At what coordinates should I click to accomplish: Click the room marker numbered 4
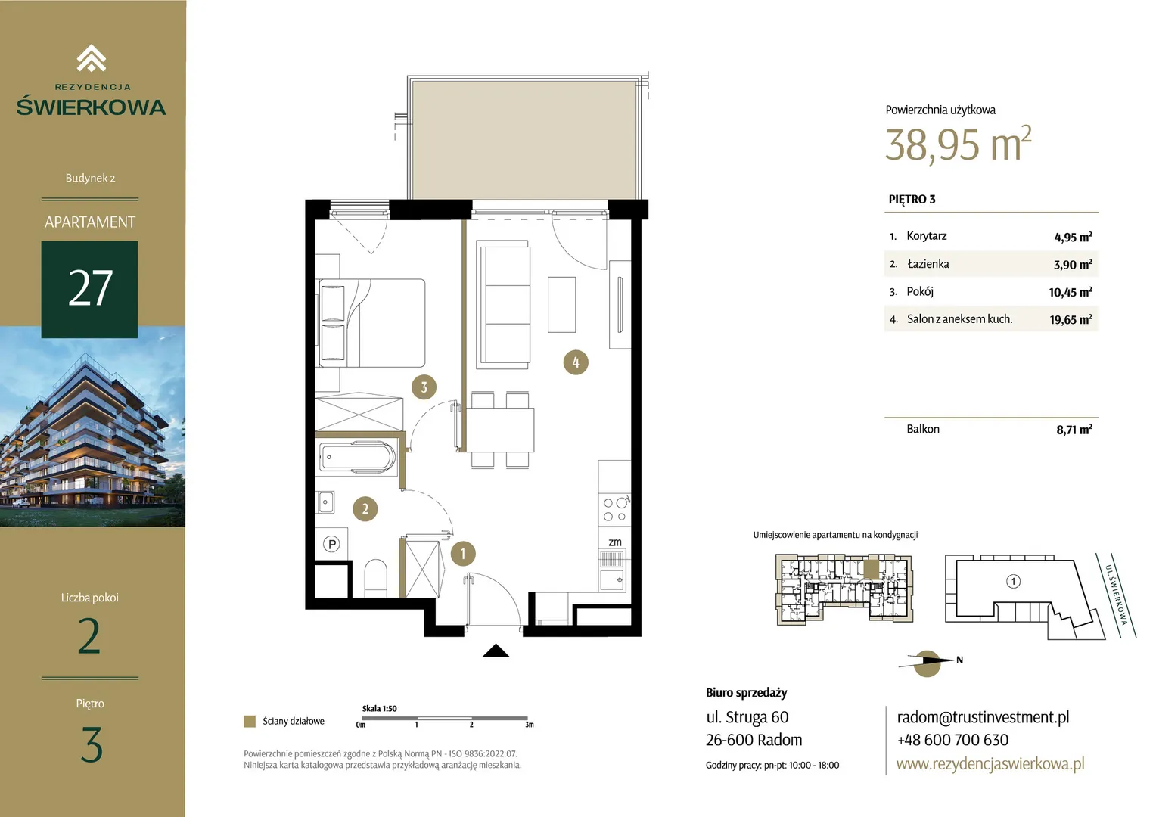point(576,362)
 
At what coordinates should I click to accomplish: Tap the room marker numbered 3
point(424,387)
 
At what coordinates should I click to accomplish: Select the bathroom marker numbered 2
point(365,509)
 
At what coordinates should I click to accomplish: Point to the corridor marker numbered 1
point(463,554)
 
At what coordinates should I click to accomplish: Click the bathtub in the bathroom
point(357,457)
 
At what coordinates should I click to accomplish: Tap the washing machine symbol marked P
point(331,544)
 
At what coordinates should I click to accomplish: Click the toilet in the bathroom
point(376,578)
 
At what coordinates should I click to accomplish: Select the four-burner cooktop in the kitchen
point(614,509)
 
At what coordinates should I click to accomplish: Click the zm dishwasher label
point(614,542)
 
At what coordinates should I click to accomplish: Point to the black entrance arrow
point(496,651)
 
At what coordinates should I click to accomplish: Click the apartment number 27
point(90,288)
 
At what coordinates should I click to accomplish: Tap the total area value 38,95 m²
point(959,144)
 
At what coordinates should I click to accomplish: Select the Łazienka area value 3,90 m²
point(1072,265)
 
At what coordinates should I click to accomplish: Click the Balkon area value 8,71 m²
point(1074,430)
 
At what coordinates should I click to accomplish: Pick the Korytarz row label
point(926,236)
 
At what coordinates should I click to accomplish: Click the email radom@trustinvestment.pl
point(983,717)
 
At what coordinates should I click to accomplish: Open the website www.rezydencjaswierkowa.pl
point(990,763)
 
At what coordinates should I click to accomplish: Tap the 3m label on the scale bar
point(530,725)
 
